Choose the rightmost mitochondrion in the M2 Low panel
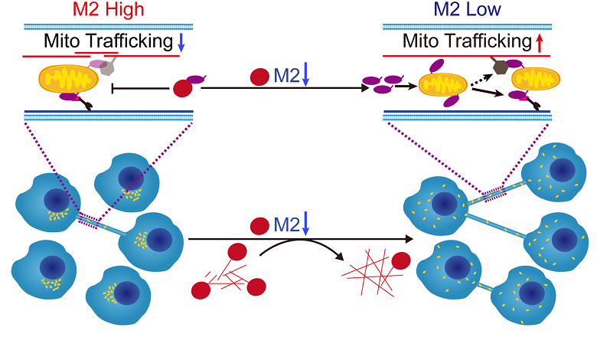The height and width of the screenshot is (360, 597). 529,79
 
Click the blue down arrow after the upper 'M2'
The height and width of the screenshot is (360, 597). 305,76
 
